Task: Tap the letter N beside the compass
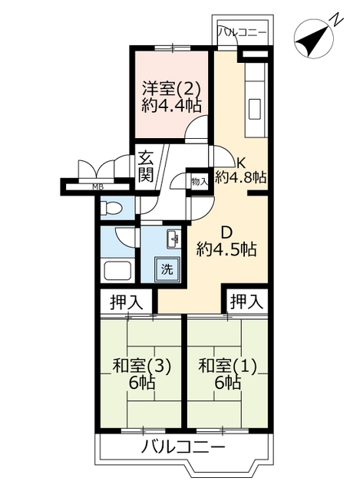click(x=337, y=18)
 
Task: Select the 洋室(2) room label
click(x=171, y=88)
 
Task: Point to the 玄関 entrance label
click(x=147, y=166)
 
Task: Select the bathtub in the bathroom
click(x=117, y=269)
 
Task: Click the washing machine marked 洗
click(x=167, y=269)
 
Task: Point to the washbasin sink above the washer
click(x=173, y=240)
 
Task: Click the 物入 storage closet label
click(x=200, y=182)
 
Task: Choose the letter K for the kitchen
click(x=240, y=163)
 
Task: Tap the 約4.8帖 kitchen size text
click(x=240, y=177)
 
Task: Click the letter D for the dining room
click(x=226, y=232)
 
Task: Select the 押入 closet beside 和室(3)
click(x=126, y=302)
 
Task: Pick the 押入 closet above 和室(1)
click(x=246, y=302)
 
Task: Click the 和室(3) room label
click(x=141, y=366)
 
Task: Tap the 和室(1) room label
click(x=228, y=366)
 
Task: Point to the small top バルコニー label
click(x=243, y=32)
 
